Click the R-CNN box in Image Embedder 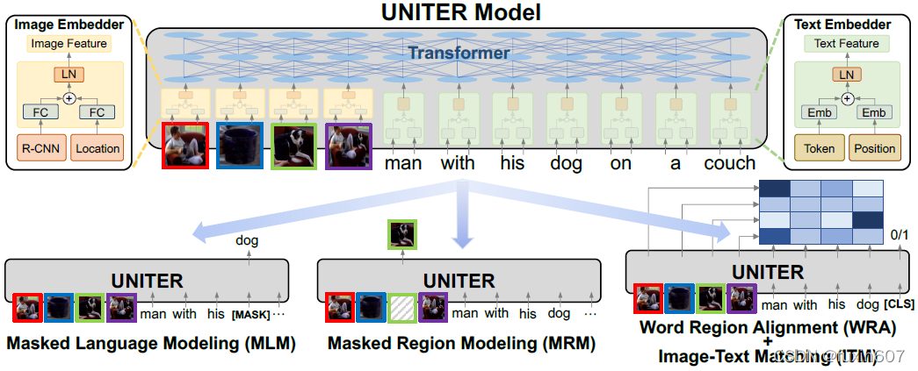coord(40,148)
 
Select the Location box coord(97,148)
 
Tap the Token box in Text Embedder coord(819,148)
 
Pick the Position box coord(875,148)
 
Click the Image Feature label coord(69,43)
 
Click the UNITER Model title coord(460,12)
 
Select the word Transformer coord(458,54)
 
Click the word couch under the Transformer coord(730,163)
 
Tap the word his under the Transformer coord(511,163)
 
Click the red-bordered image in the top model coord(184,146)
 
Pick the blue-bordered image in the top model coord(239,146)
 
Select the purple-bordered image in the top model coord(348,146)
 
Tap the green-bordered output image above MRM coord(403,234)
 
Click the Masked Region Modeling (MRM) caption coord(461,344)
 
